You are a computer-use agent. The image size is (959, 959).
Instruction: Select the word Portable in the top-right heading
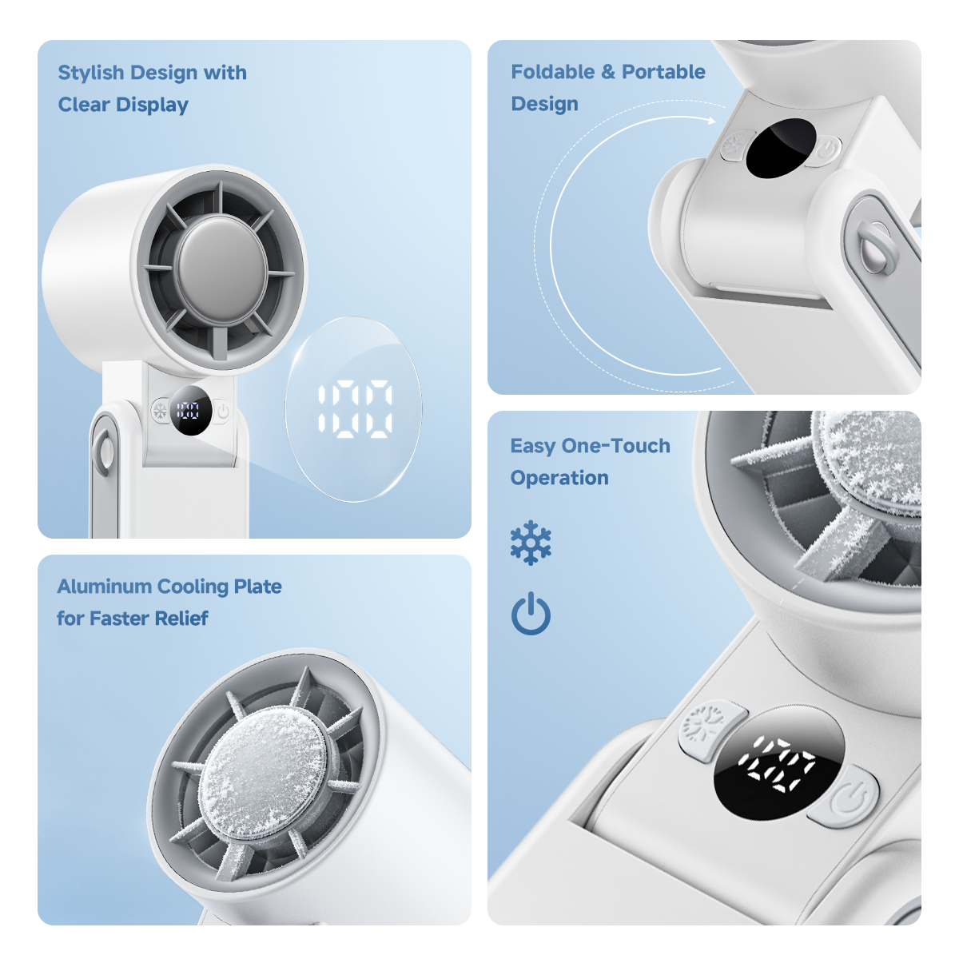click(663, 72)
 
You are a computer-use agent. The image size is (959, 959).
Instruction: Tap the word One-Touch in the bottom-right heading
click(616, 446)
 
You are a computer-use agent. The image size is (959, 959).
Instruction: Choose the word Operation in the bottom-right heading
click(559, 478)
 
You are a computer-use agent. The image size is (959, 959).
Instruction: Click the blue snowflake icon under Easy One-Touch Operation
click(531, 543)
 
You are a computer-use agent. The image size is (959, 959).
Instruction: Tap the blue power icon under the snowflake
click(531, 615)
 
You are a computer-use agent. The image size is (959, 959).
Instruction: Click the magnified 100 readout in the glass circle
click(354, 410)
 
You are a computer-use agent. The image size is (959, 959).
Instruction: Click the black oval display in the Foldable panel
click(781, 149)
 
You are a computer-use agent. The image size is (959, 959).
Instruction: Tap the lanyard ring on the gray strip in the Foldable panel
click(877, 247)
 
